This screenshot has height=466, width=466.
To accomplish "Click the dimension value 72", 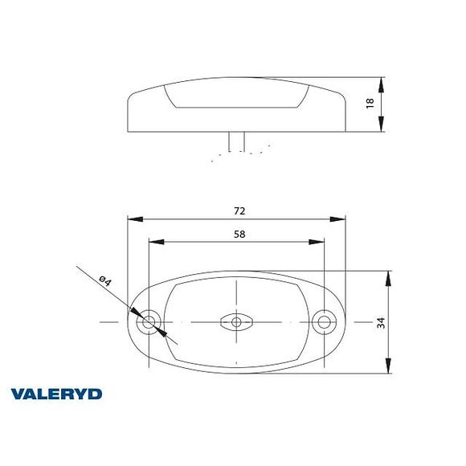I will tap(239, 211).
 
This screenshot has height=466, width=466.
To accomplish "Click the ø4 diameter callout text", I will tap(104, 281).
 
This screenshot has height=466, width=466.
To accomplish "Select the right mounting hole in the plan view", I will tap(325, 323).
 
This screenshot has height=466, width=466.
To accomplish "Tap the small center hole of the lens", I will tap(236, 323).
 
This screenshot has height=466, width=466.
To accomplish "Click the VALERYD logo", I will tap(56, 394).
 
